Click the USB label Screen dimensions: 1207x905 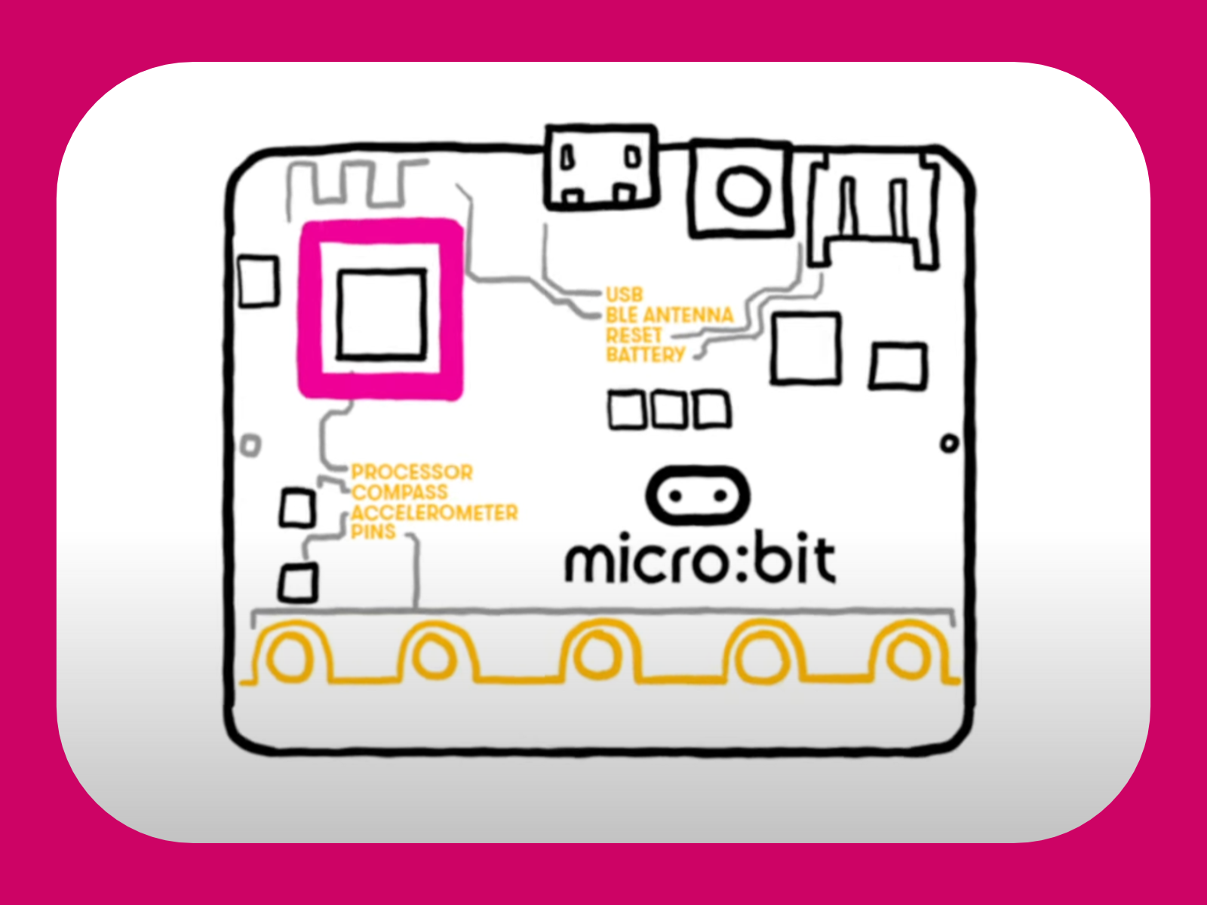624,295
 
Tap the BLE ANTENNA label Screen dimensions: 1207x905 669,315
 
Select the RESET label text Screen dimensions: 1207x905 634,335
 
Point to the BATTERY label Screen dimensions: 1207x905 646,354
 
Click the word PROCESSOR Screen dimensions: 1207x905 412,472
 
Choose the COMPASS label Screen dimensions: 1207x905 400,492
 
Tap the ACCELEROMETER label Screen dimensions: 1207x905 435,513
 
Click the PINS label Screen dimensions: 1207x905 373,532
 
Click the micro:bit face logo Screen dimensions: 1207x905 699,496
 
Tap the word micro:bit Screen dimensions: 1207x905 700,561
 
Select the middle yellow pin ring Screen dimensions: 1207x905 597,655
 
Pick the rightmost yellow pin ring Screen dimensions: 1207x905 908,655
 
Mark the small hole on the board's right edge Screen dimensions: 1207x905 950,443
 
